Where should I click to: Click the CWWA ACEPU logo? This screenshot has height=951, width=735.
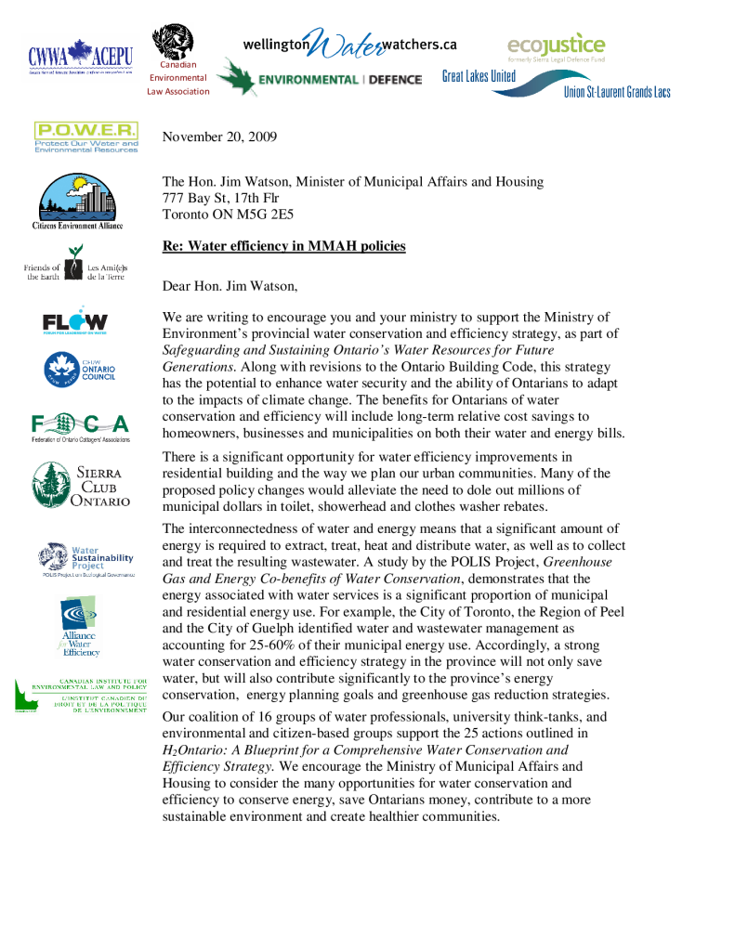click(x=80, y=57)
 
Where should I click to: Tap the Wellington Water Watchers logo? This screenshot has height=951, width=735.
click(x=349, y=44)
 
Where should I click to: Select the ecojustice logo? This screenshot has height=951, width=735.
click(x=556, y=46)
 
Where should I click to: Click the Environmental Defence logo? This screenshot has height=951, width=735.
click(x=320, y=79)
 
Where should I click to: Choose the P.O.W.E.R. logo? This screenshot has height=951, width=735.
click(x=85, y=137)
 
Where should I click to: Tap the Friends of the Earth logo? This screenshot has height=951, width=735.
click(x=75, y=271)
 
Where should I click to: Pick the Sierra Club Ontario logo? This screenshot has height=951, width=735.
click(x=81, y=484)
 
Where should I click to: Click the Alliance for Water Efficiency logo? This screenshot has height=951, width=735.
click(x=81, y=627)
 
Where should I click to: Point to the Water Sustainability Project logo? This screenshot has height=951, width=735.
click(x=86, y=560)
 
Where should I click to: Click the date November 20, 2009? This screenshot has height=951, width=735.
click(x=219, y=137)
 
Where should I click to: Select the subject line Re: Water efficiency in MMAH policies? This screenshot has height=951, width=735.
click(x=283, y=246)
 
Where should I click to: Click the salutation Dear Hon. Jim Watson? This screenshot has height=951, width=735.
click(x=230, y=286)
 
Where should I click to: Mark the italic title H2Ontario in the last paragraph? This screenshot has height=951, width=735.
click(x=199, y=749)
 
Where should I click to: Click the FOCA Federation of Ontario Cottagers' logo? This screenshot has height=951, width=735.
click(x=80, y=426)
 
